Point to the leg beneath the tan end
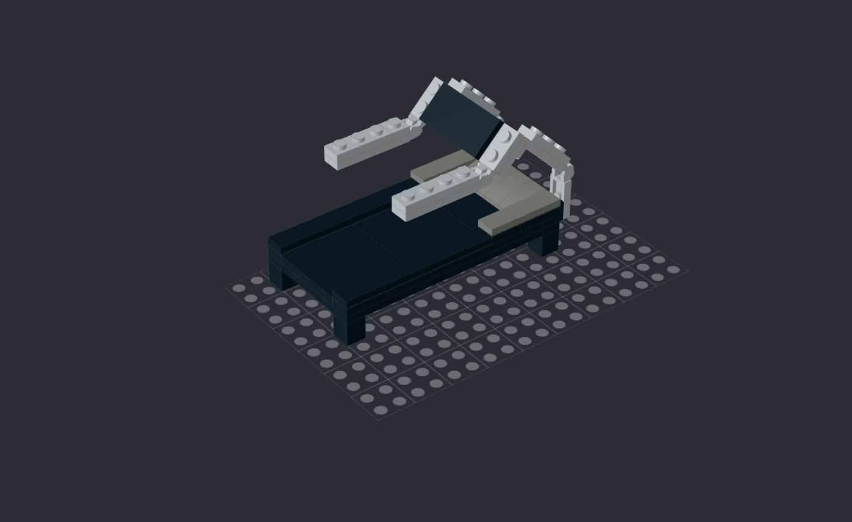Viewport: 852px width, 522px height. coord(543,244)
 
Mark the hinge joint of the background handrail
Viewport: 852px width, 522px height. coord(415,126)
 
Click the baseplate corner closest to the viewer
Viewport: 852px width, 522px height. coord(379,419)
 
